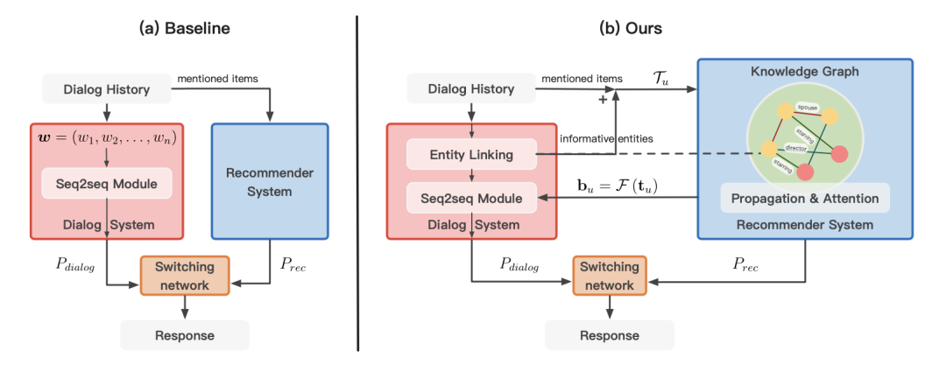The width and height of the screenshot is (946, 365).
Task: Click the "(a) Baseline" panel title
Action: click(x=183, y=28)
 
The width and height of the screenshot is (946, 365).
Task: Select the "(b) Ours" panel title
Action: click(x=630, y=28)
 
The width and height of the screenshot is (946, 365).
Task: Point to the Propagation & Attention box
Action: click(x=804, y=199)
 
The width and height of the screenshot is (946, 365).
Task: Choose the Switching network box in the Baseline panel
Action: click(x=184, y=275)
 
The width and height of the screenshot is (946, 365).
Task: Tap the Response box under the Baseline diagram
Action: click(x=184, y=335)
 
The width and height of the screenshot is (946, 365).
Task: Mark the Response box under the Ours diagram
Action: click(x=610, y=335)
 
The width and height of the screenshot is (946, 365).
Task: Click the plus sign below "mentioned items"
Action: click(x=603, y=101)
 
